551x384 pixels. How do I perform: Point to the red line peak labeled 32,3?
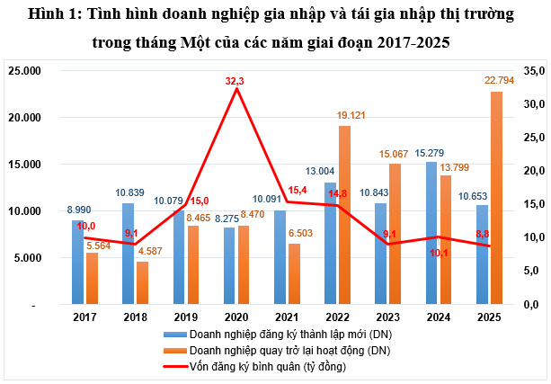[x=236, y=88]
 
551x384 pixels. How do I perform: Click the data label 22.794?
[x=496, y=82]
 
